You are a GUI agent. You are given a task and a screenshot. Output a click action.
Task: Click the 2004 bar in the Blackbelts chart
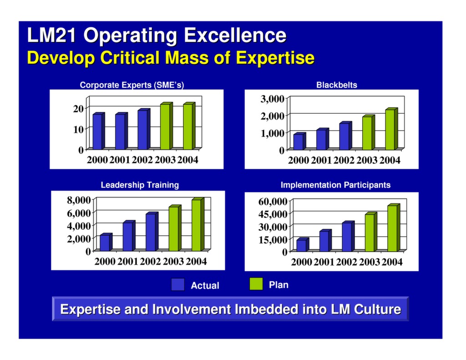(390, 130)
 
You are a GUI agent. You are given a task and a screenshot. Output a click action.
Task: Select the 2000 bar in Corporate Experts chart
(97, 131)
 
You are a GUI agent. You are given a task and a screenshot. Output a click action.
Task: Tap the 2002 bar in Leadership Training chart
(151, 232)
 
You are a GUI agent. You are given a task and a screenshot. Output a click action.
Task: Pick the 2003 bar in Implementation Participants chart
(370, 232)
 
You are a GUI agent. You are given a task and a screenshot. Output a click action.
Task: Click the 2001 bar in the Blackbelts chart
(322, 139)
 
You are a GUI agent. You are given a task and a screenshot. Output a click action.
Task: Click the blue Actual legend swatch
(177, 284)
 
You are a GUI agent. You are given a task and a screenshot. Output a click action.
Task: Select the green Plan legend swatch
(256, 284)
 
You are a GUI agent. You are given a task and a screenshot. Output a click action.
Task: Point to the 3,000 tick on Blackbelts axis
(273, 99)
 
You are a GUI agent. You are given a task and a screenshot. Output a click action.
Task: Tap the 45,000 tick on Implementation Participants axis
(273, 214)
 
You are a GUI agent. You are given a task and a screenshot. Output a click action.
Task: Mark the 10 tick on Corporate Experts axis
(78, 129)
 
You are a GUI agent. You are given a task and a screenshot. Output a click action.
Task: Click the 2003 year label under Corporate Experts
(165, 161)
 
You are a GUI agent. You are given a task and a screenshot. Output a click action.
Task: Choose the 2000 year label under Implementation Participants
(301, 262)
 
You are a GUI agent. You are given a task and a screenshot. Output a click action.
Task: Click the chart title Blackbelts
(336, 85)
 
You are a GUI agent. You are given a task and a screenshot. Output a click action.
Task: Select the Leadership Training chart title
(139, 185)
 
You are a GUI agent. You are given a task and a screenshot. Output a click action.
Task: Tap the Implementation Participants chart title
(335, 185)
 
